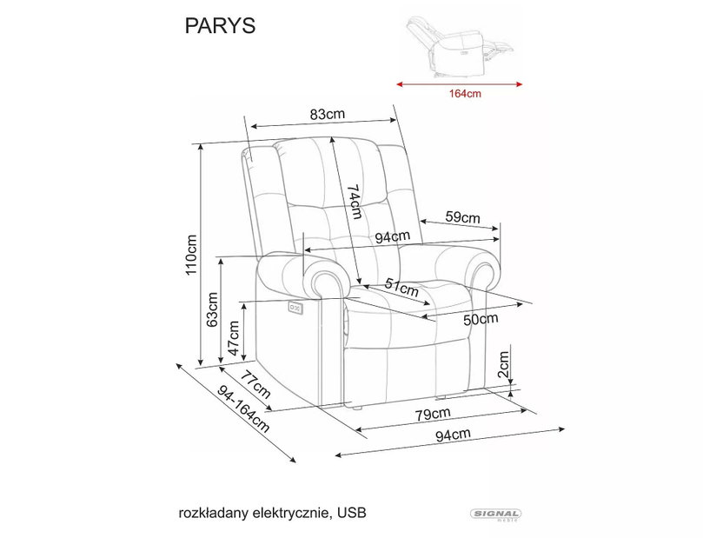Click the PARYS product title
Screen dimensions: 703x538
(x=220, y=26)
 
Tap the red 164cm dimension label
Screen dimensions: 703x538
(x=465, y=94)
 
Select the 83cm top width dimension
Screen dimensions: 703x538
(x=328, y=115)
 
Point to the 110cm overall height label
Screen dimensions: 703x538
(x=191, y=255)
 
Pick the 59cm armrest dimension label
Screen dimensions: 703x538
(x=462, y=217)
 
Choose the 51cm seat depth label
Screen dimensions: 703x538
(x=401, y=288)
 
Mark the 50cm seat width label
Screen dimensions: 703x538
(x=481, y=319)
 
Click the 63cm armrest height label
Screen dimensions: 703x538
(x=212, y=309)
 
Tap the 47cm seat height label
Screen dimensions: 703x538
(x=234, y=338)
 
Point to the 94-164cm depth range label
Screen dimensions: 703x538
(x=243, y=409)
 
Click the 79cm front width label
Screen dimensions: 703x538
(x=432, y=414)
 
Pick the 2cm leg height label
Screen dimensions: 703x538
(x=504, y=363)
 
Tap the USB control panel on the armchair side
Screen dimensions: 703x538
(x=295, y=308)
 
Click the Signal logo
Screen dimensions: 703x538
(x=495, y=515)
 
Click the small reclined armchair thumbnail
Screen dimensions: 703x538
(x=460, y=47)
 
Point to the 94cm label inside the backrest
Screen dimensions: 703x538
(x=393, y=237)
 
